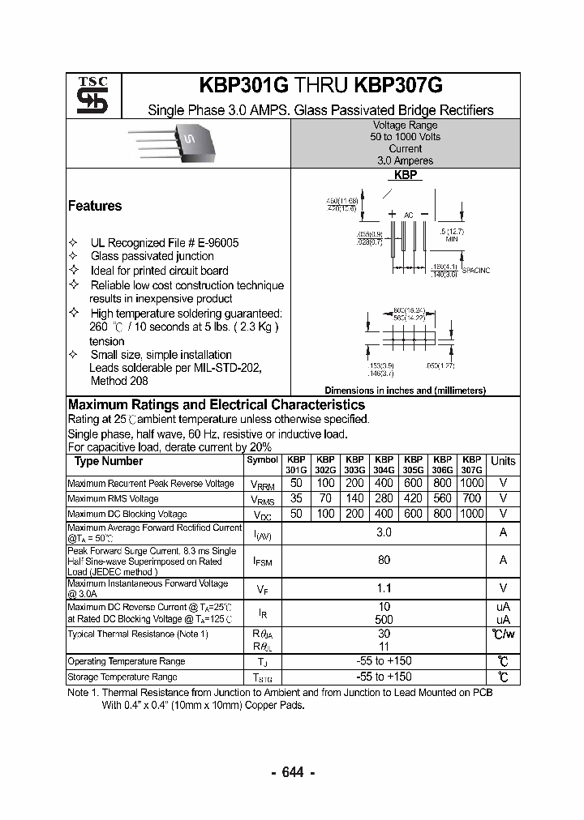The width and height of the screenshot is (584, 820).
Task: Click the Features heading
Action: point(95,206)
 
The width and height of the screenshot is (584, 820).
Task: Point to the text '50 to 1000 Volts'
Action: point(405,137)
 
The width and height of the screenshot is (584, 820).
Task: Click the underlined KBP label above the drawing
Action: point(405,175)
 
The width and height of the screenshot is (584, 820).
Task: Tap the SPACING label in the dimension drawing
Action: point(476,269)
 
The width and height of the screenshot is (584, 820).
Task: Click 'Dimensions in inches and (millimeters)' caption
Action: point(405,390)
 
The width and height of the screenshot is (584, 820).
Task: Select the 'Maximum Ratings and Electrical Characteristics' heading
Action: point(216,404)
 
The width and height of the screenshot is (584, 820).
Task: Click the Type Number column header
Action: point(109,461)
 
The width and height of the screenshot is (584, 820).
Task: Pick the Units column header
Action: point(503,461)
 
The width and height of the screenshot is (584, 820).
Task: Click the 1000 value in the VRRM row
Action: point(471,483)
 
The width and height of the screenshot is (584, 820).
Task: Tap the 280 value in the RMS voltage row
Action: point(384,498)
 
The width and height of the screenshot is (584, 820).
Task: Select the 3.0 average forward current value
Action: point(384,532)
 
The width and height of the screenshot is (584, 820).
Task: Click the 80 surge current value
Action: point(384,559)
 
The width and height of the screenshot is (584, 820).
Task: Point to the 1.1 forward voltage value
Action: point(384,588)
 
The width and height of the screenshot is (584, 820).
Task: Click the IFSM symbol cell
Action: point(263,560)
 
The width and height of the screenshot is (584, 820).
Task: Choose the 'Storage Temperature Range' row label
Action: point(122,677)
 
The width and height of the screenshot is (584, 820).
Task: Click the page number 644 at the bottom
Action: point(292,772)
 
